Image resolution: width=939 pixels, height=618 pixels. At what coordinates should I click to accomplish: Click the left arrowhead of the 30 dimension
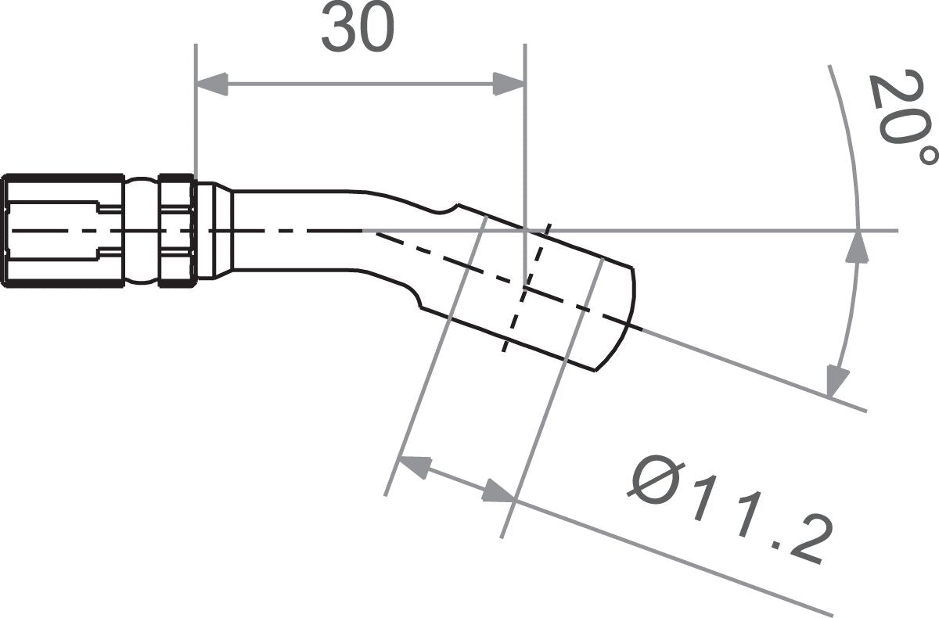[211, 84]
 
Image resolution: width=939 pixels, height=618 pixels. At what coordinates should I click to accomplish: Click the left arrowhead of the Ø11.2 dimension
[415, 466]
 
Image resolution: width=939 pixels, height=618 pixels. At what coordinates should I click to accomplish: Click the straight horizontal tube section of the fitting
[297, 231]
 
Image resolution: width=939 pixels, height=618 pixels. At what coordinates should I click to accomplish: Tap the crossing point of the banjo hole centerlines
[525, 288]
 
